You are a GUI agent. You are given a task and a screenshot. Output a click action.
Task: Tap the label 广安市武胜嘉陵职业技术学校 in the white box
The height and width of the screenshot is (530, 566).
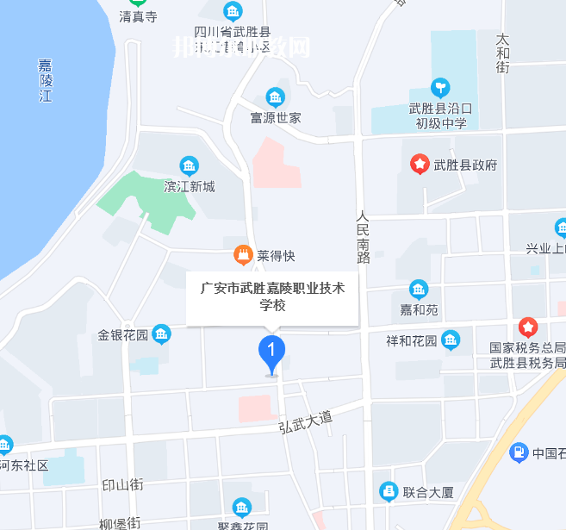click(272, 296)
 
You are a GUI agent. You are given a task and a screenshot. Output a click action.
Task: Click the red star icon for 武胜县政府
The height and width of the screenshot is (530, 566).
click(419, 164)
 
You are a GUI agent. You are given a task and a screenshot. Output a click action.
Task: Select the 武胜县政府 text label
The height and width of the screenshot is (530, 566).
click(466, 164)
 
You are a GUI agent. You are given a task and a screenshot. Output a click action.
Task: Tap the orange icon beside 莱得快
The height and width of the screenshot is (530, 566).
click(243, 256)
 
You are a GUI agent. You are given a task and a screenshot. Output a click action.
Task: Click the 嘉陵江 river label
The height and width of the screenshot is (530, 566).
click(46, 80)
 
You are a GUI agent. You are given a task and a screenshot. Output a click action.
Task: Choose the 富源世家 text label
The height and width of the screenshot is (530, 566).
click(275, 117)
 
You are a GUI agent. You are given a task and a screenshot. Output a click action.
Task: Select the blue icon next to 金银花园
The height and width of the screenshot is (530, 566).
click(161, 334)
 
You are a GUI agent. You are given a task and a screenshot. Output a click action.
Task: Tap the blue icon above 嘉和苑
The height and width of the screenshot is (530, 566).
click(419, 289)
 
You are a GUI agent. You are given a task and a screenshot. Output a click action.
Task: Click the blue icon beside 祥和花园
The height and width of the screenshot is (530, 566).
click(451, 340)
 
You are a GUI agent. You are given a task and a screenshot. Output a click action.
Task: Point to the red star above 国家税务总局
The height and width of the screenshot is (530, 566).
click(528, 327)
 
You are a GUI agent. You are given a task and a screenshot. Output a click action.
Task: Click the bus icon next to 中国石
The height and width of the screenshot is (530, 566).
click(518, 452)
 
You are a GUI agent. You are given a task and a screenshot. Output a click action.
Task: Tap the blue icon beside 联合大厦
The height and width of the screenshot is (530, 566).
click(389, 492)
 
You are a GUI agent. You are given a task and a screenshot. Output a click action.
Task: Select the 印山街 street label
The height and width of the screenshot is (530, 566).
click(121, 484)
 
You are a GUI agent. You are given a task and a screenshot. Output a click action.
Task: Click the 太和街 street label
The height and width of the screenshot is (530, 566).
click(503, 53)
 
